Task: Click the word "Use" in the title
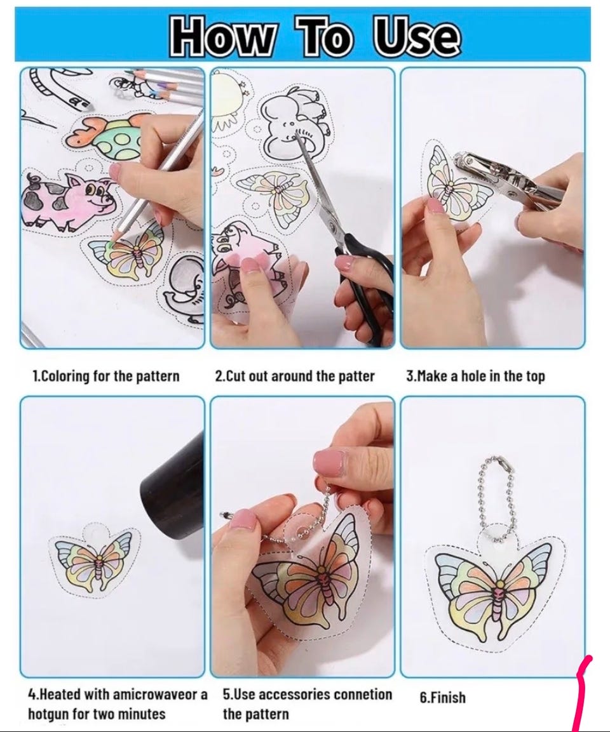(x=416, y=35)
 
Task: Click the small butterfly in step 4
(x=96, y=560)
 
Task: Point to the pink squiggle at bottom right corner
(x=584, y=693)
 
